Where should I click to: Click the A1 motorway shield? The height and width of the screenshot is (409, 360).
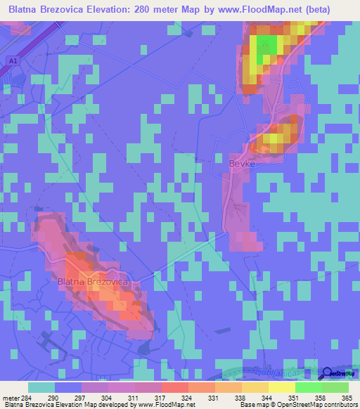point(13,61)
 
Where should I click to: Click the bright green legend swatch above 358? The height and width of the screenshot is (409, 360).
point(308,387)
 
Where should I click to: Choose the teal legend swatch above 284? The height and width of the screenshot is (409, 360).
point(41,387)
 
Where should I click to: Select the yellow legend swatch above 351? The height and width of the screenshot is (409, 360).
point(281,387)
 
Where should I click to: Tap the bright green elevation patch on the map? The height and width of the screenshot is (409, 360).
point(266,48)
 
